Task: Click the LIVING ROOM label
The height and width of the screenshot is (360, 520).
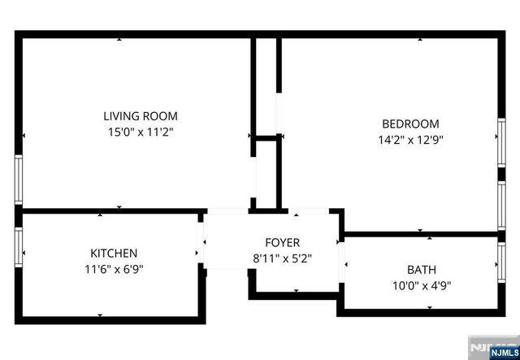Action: (x=140, y=116)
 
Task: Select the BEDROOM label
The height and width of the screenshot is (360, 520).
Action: (x=410, y=124)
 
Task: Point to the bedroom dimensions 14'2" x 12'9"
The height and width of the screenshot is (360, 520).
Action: (x=410, y=139)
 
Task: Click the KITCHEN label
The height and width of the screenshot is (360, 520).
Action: (x=113, y=254)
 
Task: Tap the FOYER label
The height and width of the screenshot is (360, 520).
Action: (x=282, y=243)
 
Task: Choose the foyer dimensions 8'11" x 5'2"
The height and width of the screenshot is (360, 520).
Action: (x=282, y=258)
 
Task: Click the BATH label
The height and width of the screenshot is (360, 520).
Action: (x=422, y=270)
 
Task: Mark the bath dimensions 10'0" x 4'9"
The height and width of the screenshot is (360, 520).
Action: (x=422, y=285)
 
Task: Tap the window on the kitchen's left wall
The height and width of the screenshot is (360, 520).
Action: (x=18, y=247)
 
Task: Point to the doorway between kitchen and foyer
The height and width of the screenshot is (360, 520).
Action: (x=202, y=241)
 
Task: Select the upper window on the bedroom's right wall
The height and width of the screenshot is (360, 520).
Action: (x=501, y=149)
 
